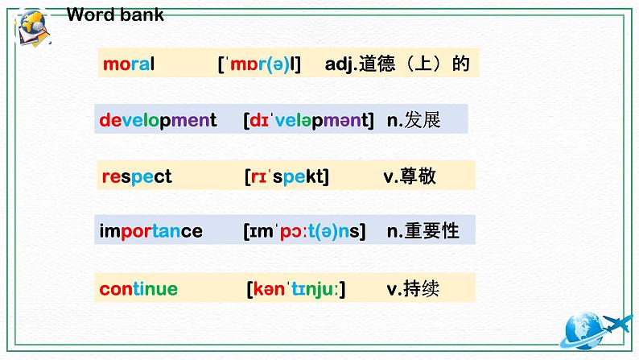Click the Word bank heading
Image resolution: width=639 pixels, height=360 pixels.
(114, 15)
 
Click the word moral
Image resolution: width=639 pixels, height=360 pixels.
(129, 64)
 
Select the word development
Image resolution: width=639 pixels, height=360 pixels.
(158, 121)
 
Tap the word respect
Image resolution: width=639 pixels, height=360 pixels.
(137, 176)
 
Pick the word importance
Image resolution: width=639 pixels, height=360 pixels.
(150, 232)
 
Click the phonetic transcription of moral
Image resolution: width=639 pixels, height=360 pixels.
(259, 64)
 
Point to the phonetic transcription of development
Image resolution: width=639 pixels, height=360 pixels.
(308, 121)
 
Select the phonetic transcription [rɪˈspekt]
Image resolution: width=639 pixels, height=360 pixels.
(286, 176)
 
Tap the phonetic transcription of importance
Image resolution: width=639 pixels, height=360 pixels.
(304, 232)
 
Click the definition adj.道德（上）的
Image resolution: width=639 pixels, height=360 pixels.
(397, 64)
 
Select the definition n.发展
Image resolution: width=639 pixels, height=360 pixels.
(414, 120)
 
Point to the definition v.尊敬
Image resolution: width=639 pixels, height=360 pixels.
(410, 176)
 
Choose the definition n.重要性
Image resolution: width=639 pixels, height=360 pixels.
(423, 231)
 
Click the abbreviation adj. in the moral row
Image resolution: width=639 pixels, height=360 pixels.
(341, 64)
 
